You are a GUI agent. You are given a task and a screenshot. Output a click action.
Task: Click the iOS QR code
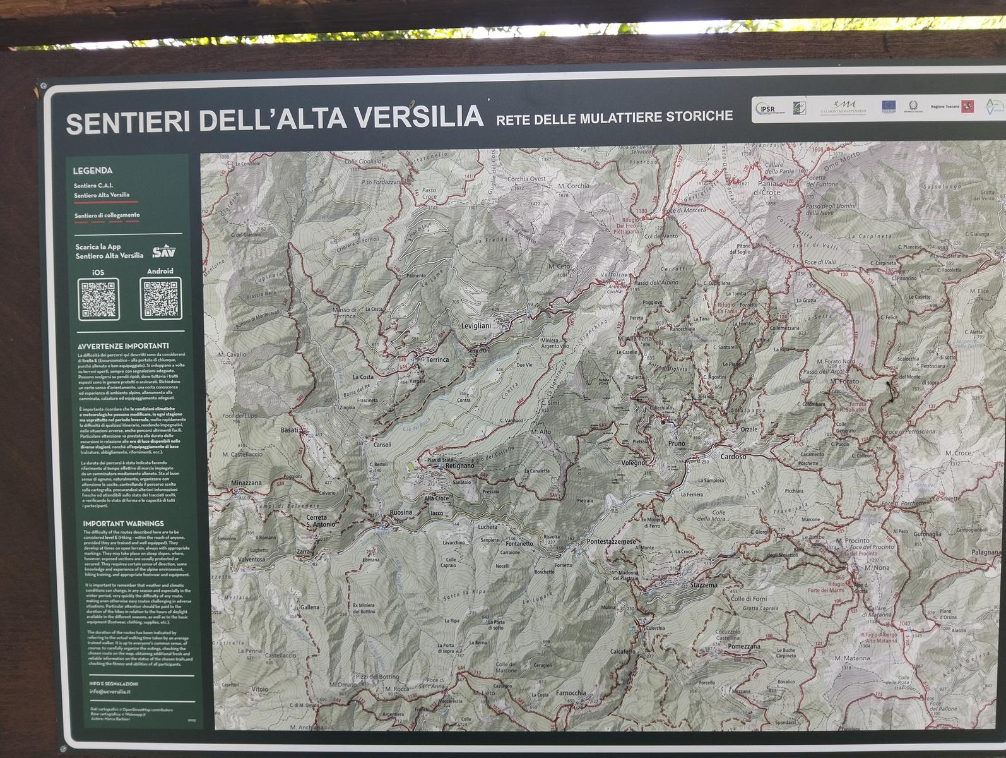98,299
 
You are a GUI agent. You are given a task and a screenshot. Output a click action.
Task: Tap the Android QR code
161,298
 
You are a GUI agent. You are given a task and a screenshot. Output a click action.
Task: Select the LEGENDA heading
93,171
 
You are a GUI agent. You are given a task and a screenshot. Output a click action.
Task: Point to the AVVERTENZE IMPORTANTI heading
123,346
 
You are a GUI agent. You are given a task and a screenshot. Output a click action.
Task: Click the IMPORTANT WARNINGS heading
123,524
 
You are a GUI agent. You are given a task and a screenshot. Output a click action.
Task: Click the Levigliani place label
476,325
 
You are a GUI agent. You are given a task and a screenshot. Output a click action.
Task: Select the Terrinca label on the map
437,359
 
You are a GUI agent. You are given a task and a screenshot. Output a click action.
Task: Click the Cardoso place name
733,456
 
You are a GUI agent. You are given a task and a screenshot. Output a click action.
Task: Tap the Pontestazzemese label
612,542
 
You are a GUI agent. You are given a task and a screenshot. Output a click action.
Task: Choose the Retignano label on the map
459,466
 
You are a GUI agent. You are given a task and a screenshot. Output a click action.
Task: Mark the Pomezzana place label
744,647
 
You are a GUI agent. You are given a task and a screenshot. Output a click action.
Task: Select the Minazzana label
246,483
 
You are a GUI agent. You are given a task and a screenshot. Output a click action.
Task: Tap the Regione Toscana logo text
945,107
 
